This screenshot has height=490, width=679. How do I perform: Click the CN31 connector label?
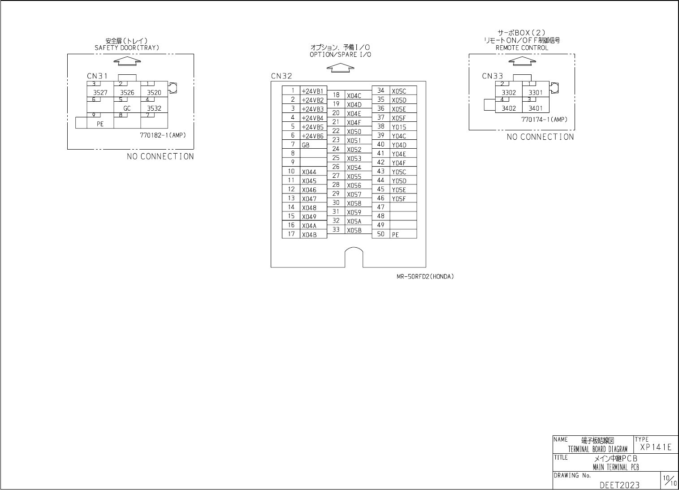[97, 76]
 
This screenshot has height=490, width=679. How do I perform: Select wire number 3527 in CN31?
[100, 93]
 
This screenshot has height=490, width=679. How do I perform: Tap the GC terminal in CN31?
[127, 108]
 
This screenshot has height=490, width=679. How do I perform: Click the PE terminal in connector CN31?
[100, 124]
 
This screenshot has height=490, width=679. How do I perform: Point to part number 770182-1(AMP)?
[163, 135]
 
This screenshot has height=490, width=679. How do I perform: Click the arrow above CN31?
[127, 61]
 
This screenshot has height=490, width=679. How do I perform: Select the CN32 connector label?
[281, 76]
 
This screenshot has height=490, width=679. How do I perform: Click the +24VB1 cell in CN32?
[312, 91]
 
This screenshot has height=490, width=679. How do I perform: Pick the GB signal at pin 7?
[306, 145]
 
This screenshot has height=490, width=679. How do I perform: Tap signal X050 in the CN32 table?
[354, 132]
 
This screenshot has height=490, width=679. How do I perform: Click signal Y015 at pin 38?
[398, 127]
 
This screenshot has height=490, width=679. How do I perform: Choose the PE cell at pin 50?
[395, 235]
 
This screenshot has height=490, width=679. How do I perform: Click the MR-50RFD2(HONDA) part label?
[425, 276]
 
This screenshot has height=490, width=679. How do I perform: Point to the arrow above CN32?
[340, 68]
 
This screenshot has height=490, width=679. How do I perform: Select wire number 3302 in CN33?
[509, 93]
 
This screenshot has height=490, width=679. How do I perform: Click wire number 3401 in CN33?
[535, 108]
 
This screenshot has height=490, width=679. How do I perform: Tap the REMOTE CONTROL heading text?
[522, 47]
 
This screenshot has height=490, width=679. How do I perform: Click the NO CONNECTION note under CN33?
[540, 137]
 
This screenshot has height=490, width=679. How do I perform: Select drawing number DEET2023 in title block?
[619, 485]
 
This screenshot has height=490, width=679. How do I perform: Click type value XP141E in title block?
[656, 447]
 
